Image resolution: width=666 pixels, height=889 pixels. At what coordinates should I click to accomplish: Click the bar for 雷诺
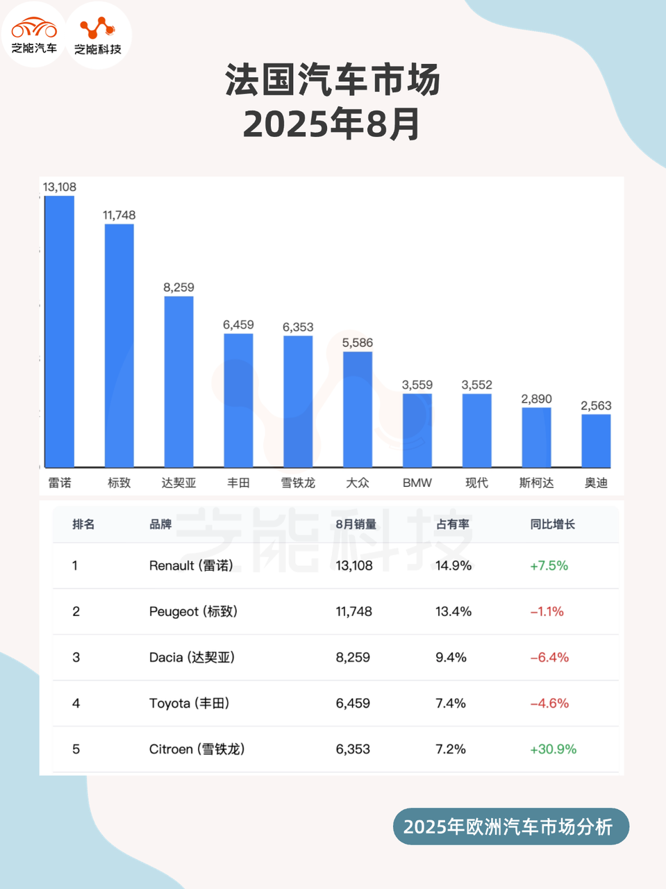pyautogui.click(x=60, y=331)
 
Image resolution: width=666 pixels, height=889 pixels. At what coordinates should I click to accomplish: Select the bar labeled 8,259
pyautogui.click(x=178, y=381)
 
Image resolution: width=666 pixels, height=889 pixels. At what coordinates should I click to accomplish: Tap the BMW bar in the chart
pyautogui.click(x=417, y=430)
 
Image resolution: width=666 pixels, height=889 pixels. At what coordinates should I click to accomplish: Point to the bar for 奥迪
pyautogui.click(x=596, y=440)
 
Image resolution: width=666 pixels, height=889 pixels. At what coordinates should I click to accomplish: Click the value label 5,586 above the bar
pyautogui.click(x=358, y=342)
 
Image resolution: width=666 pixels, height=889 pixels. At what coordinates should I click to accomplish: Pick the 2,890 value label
pyautogui.click(x=537, y=399)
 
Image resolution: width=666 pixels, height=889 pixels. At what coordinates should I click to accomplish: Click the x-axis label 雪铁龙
pyautogui.click(x=298, y=483)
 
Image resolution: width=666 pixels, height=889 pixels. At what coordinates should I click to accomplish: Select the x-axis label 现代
pyautogui.click(x=477, y=483)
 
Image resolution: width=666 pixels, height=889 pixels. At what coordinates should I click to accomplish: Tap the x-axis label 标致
pyautogui.click(x=119, y=483)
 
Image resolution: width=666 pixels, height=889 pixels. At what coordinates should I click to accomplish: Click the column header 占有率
pyautogui.click(x=453, y=524)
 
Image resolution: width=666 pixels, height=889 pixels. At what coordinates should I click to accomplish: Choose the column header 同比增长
pyautogui.click(x=553, y=524)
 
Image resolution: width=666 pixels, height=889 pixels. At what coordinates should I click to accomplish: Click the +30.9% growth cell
pyautogui.click(x=553, y=749)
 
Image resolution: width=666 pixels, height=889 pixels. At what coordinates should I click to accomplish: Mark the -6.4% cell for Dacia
pyautogui.click(x=549, y=658)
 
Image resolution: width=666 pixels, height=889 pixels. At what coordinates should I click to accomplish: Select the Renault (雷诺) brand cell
pyautogui.click(x=191, y=566)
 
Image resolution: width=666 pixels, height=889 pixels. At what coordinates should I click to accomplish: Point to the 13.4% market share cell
pyautogui.click(x=453, y=612)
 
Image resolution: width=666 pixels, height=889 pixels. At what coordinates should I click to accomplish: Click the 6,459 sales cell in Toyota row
pyautogui.click(x=353, y=704)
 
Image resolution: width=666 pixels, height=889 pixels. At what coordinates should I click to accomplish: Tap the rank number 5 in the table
pyautogui.click(x=76, y=749)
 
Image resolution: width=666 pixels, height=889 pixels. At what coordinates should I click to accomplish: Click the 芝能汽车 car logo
pyautogui.click(x=34, y=35)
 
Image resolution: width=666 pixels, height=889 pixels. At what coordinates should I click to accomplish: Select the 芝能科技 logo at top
pyautogui.click(x=98, y=35)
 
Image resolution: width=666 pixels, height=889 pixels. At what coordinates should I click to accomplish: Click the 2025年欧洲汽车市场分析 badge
pyautogui.click(x=510, y=826)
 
